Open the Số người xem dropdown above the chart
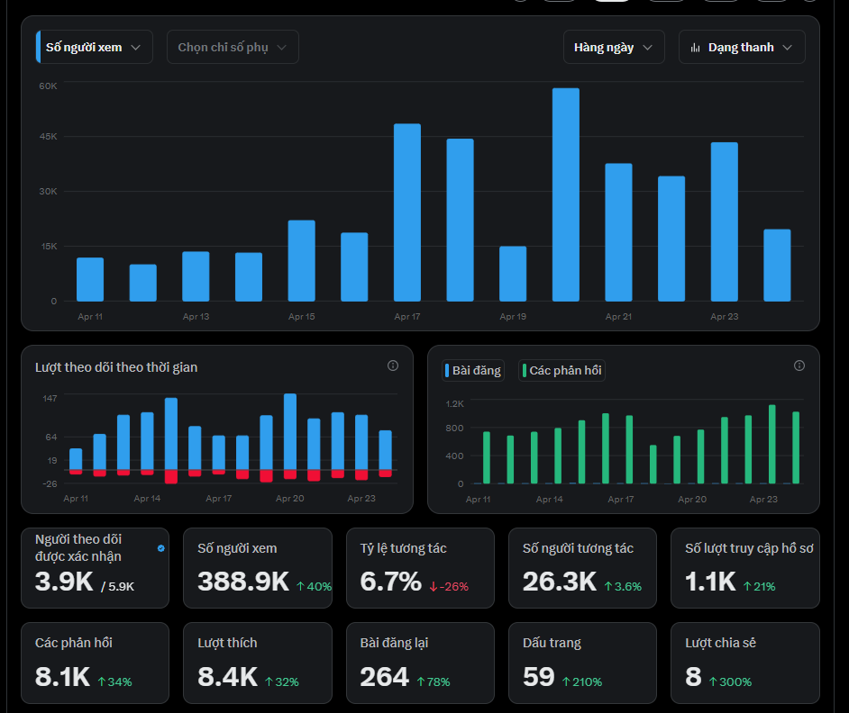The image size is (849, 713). coord(95,47)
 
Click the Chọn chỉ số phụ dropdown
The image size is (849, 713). coord(233,47)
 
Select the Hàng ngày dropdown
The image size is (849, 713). coord(614,47)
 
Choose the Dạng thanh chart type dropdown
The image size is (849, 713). coord(742,47)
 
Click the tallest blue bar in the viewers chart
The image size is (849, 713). coord(566,194)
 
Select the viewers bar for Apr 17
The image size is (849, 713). coord(407,212)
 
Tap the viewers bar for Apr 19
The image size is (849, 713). coord(513,274)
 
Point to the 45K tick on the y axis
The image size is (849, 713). coord(48,136)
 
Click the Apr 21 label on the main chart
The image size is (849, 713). coord(618,317)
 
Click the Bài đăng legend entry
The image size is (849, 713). coord(473,371)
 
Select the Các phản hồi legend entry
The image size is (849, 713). coord(561,371)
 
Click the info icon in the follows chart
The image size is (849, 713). coord(393,366)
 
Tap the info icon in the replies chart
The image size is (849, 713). coord(799,366)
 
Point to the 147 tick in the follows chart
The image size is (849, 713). coord(50,398)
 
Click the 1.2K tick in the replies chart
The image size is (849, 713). coord(455,403)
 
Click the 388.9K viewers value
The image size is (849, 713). coord(243,582)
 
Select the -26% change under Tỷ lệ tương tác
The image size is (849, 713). coord(449,586)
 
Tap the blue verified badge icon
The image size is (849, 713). coord(160,548)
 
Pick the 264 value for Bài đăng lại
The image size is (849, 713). coord(385,677)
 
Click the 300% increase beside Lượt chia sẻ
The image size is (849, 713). coord(730,681)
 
